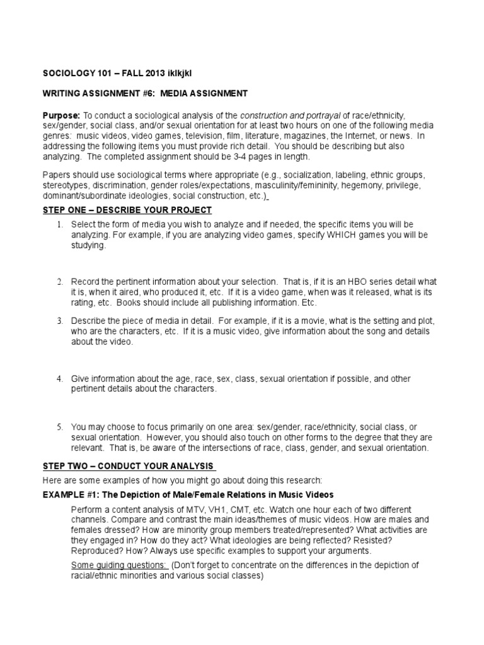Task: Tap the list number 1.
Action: coord(60,225)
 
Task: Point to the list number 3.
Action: coord(60,321)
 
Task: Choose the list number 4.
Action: coord(60,379)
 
